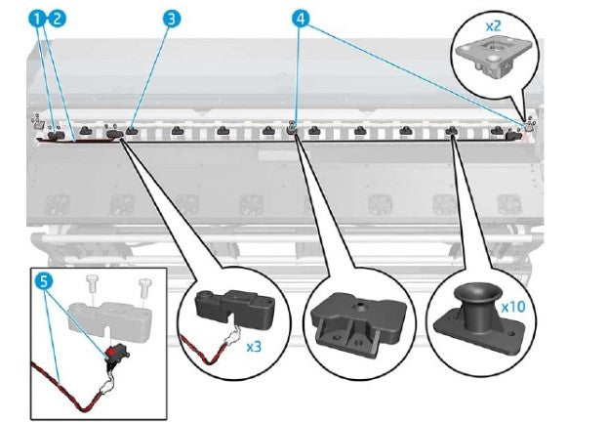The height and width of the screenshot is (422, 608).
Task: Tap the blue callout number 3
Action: pos(172,18)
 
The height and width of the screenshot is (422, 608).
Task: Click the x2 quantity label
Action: pos(494,21)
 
